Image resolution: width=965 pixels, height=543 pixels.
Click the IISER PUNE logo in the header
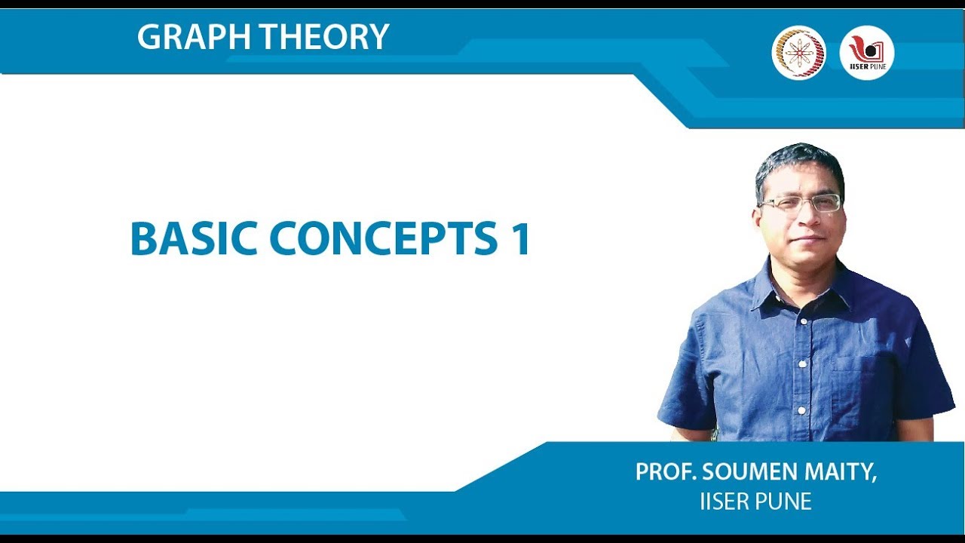point(867,53)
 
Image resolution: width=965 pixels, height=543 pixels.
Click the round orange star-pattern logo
point(798,53)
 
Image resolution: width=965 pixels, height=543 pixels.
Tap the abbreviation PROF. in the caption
point(666,473)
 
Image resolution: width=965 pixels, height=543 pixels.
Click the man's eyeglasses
point(801,204)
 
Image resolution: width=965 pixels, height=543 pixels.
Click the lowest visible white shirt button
point(801,410)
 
